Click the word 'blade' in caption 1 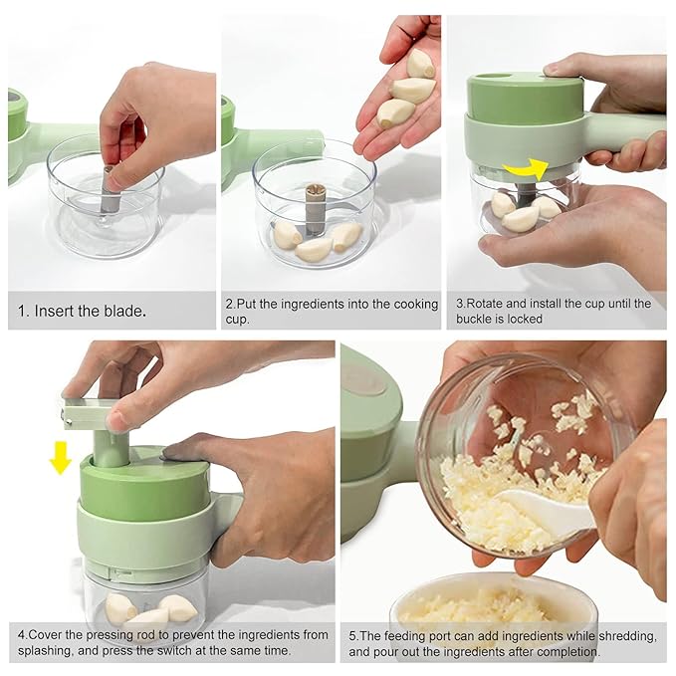125,312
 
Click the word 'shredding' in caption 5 623,635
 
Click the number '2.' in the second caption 231,304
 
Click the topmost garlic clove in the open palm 420,65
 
